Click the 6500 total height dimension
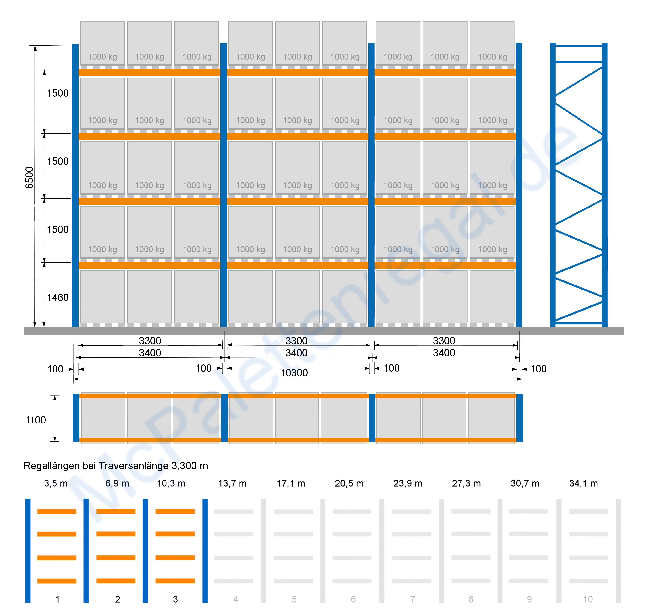pyautogui.click(x=29, y=178)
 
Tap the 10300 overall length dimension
pyautogui.click(x=294, y=373)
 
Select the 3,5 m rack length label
pyautogui.click(x=56, y=483)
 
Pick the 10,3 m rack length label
pyautogui.click(x=171, y=483)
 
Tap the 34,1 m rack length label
pyautogui.click(x=584, y=483)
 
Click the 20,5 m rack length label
pyautogui.click(x=349, y=483)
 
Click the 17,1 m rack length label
pyautogui.click(x=291, y=483)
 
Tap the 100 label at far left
pyautogui.click(x=55, y=369)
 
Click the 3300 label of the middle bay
pyautogui.click(x=296, y=341)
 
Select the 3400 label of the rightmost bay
pyautogui.click(x=444, y=353)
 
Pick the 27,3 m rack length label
pyautogui.click(x=466, y=483)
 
